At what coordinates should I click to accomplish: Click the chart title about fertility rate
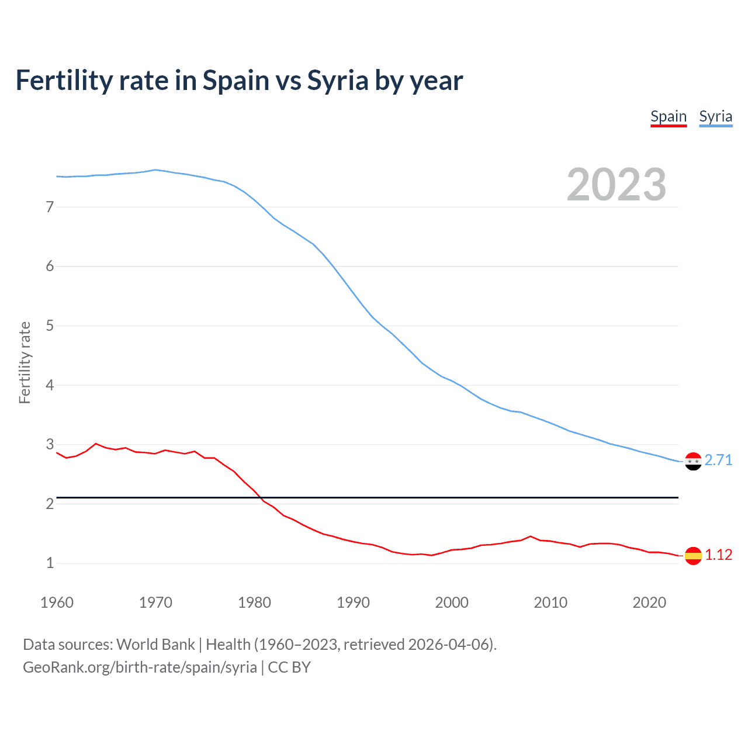click(239, 81)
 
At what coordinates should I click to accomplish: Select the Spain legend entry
click(669, 116)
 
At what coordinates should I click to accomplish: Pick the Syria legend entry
click(715, 116)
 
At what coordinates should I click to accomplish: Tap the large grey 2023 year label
click(616, 185)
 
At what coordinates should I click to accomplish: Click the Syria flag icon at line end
click(693, 461)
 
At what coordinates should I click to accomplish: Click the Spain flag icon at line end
click(693, 555)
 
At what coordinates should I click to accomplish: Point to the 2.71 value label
click(718, 460)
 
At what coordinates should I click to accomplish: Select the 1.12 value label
click(718, 555)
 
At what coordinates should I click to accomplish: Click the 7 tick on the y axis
click(50, 207)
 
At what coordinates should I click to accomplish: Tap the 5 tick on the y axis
click(50, 325)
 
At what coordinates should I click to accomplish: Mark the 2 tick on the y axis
click(50, 504)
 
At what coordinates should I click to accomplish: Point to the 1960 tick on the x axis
click(57, 602)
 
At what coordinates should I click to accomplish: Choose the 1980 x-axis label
click(254, 602)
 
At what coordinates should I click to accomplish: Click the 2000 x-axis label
click(452, 602)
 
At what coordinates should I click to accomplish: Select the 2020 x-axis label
click(649, 602)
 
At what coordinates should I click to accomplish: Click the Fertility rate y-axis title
click(25, 362)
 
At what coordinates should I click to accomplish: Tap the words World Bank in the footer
click(155, 645)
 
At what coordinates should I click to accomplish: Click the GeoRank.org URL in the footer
click(140, 667)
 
